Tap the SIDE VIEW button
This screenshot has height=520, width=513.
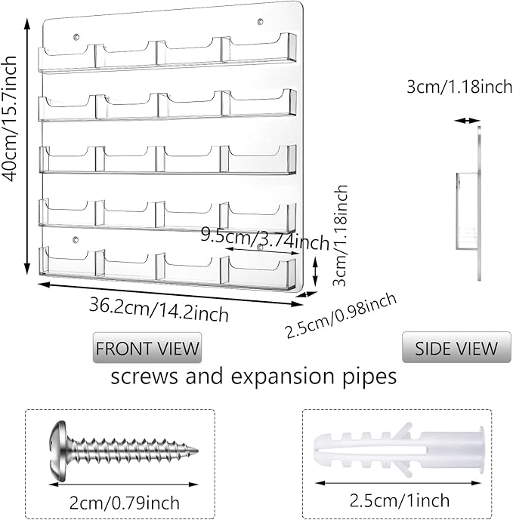click(456, 348)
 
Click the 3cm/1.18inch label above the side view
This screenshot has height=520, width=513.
click(459, 87)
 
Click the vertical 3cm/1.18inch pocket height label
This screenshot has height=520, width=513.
click(342, 234)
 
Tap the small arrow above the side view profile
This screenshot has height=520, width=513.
click(467, 120)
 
